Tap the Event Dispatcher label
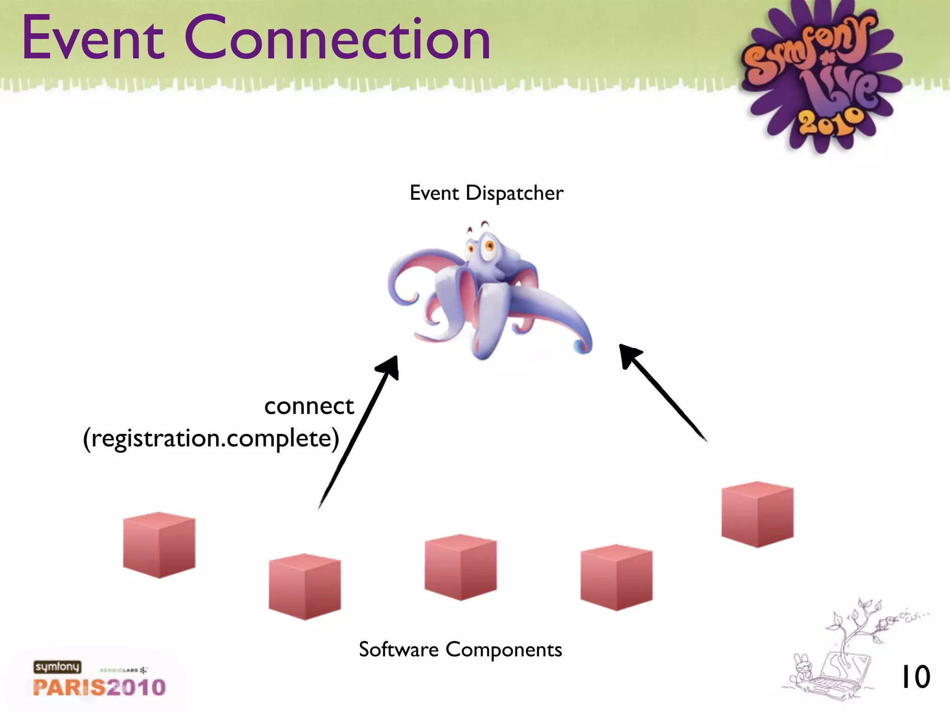(x=486, y=193)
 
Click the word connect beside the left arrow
(x=309, y=407)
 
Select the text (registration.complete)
(x=211, y=439)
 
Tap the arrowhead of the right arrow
(x=629, y=355)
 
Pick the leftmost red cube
(x=159, y=545)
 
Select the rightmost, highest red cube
(x=757, y=514)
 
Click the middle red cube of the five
(x=461, y=567)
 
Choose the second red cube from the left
(x=305, y=586)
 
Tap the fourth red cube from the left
(x=616, y=577)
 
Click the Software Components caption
(x=460, y=649)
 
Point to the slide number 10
(x=915, y=677)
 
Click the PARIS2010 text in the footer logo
(x=99, y=687)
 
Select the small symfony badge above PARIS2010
(x=57, y=667)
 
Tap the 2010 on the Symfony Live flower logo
(x=831, y=123)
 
